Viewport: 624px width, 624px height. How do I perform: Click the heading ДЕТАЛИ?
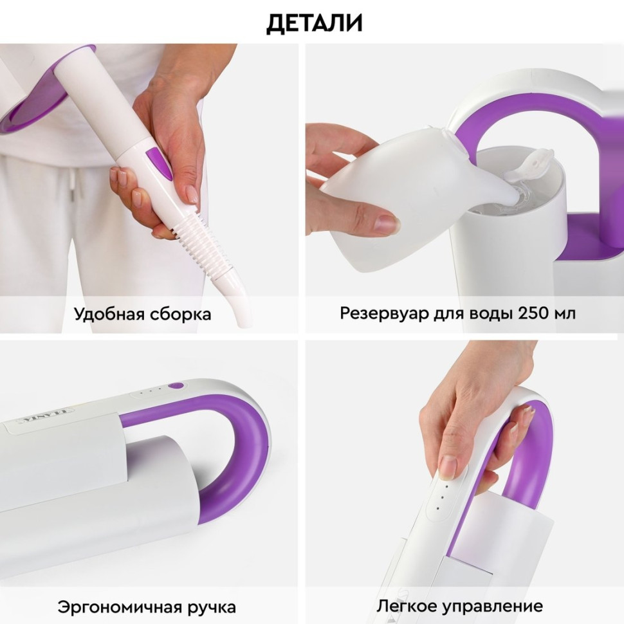pyautogui.click(x=315, y=23)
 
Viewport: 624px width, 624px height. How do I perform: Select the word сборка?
pyautogui.click(x=179, y=315)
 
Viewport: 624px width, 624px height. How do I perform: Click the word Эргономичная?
pyautogui.click(x=110, y=606)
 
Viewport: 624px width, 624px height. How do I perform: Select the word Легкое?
pyautogui.click(x=401, y=606)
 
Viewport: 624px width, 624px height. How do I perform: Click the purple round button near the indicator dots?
pyautogui.click(x=176, y=386)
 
